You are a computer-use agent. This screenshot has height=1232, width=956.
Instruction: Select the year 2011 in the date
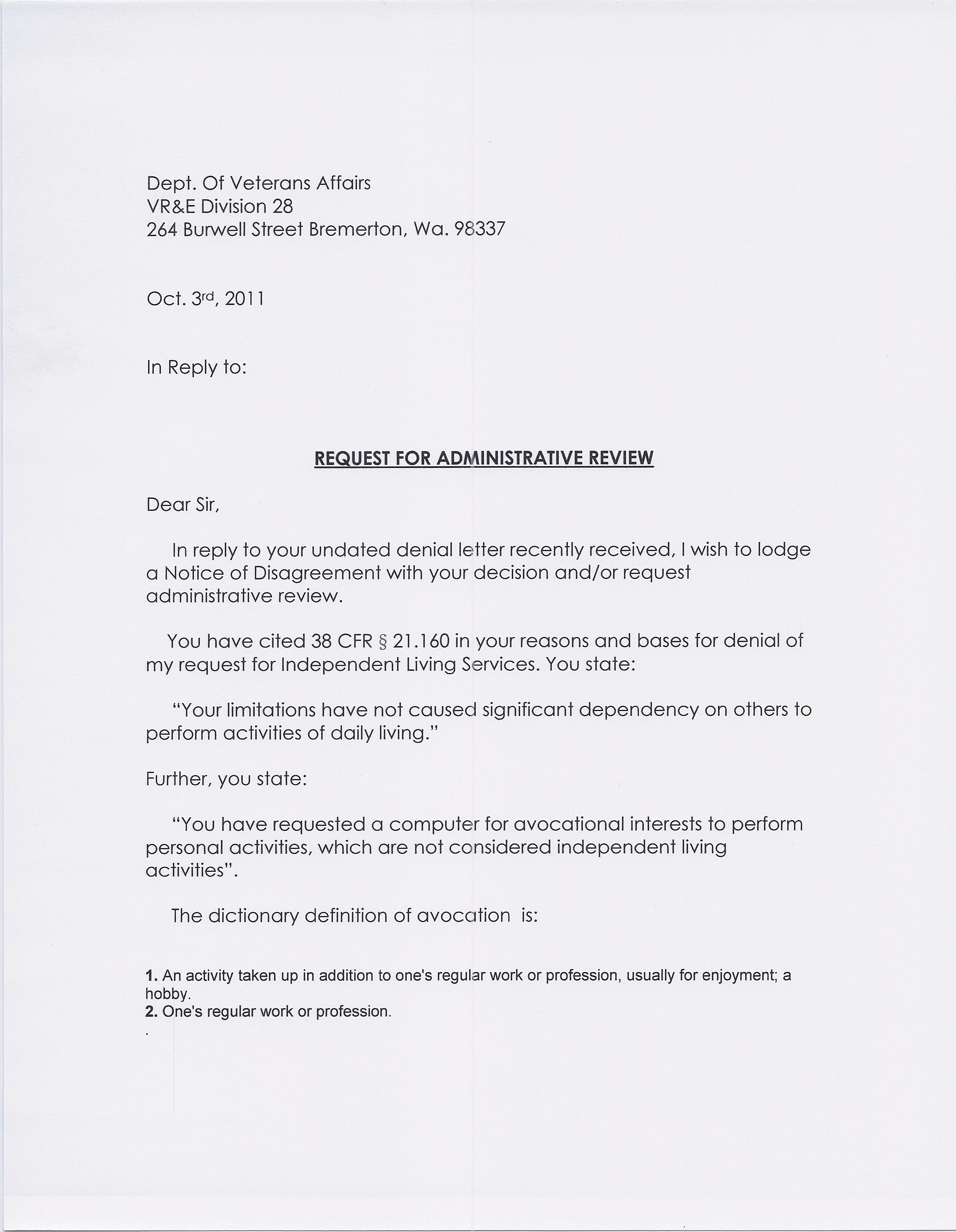click(x=244, y=298)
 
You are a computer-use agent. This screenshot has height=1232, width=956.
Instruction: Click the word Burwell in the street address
click(x=215, y=229)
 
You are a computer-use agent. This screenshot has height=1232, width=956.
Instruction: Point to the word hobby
click(x=167, y=994)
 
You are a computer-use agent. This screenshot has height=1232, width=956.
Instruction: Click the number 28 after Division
click(x=283, y=207)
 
